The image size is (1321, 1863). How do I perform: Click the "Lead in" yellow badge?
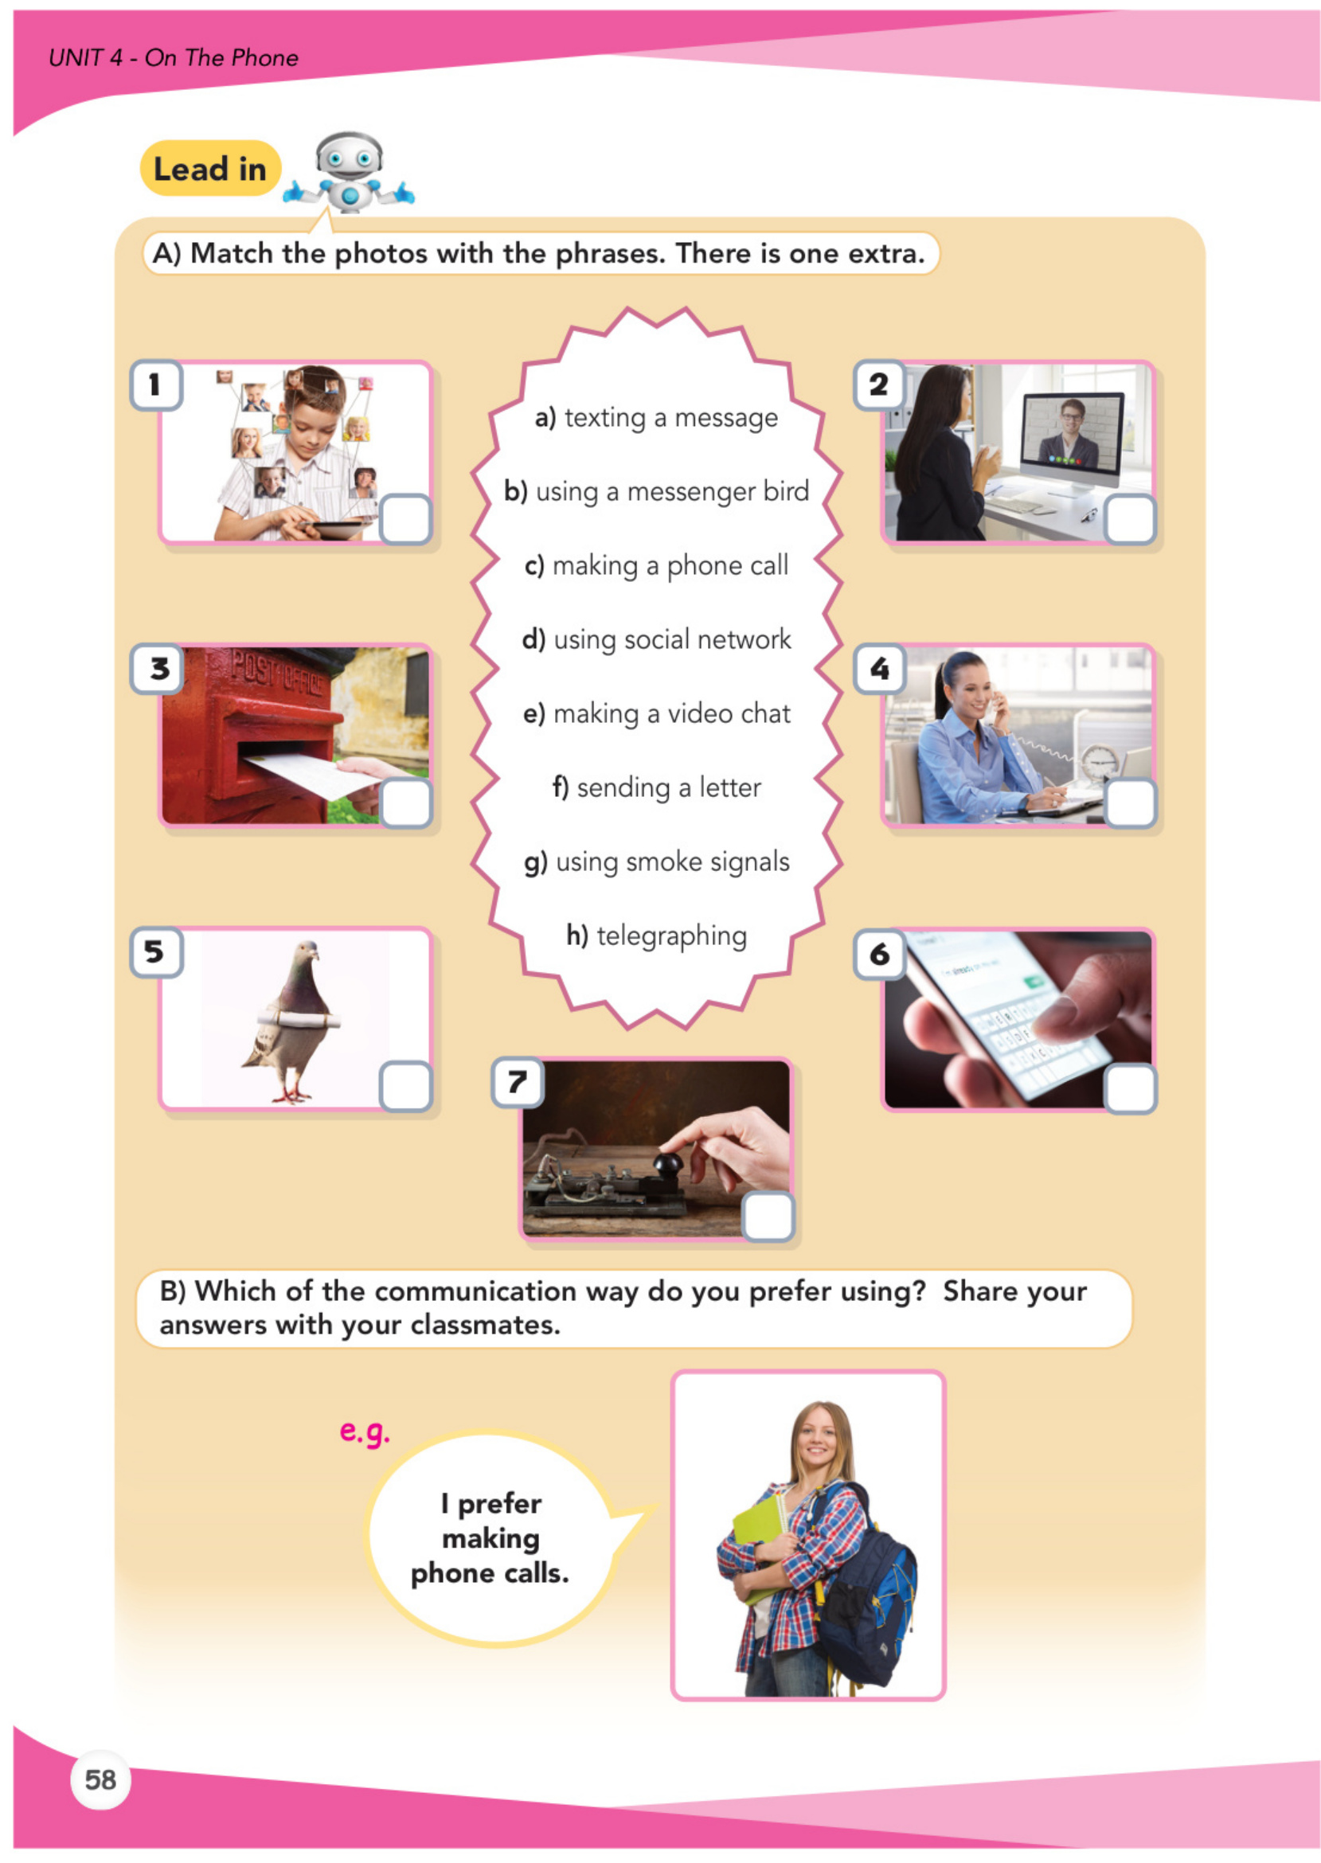click(210, 168)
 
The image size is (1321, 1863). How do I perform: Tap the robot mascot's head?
click(349, 154)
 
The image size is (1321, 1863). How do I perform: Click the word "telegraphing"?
click(671, 935)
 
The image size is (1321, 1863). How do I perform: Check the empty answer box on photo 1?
click(405, 519)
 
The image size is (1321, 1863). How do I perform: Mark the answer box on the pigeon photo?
click(405, 1086)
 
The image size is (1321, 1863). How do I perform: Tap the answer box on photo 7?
click(768, 1217)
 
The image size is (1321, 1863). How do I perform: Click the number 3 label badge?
click(156, 669)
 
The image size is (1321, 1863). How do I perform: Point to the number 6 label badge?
click(879, 954)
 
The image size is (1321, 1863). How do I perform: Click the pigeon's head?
click(307, 952)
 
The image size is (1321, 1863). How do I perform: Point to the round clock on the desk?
click(1099, 764)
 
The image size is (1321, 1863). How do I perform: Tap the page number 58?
click(101, 1779)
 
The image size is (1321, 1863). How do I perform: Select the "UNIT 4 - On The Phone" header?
click(174, 58)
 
